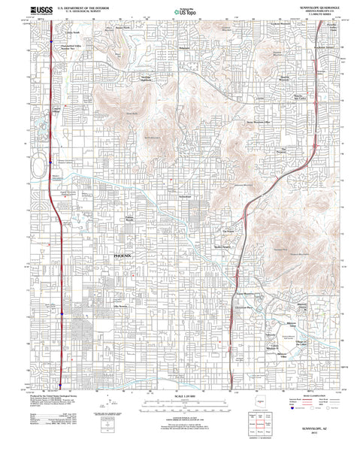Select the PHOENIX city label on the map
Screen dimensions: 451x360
coord(122,256)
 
